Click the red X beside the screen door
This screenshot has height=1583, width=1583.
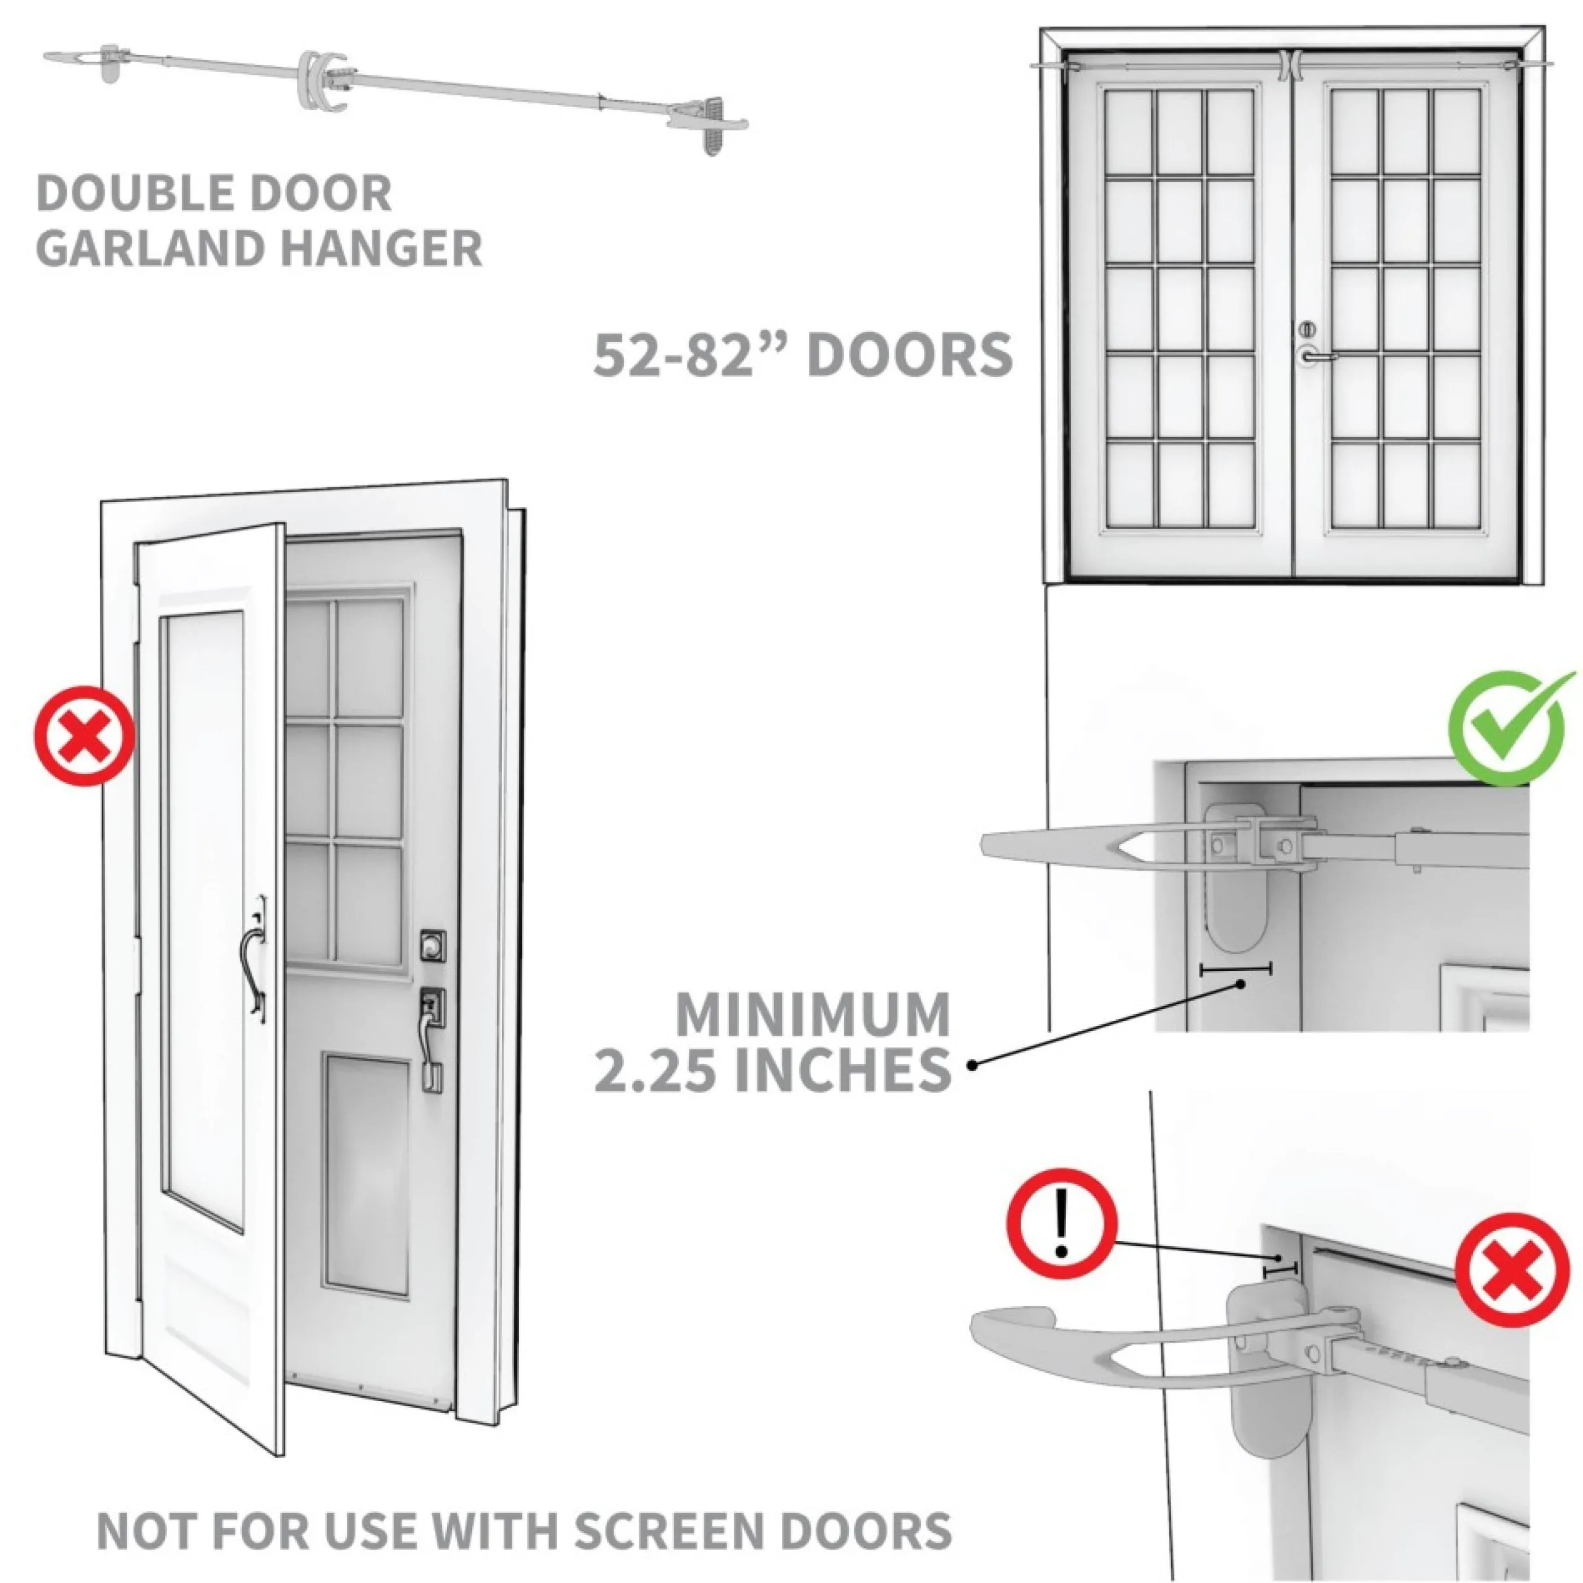point(84,736)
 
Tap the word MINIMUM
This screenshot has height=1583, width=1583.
point(812,1014)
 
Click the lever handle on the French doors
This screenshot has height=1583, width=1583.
point(1315,355)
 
